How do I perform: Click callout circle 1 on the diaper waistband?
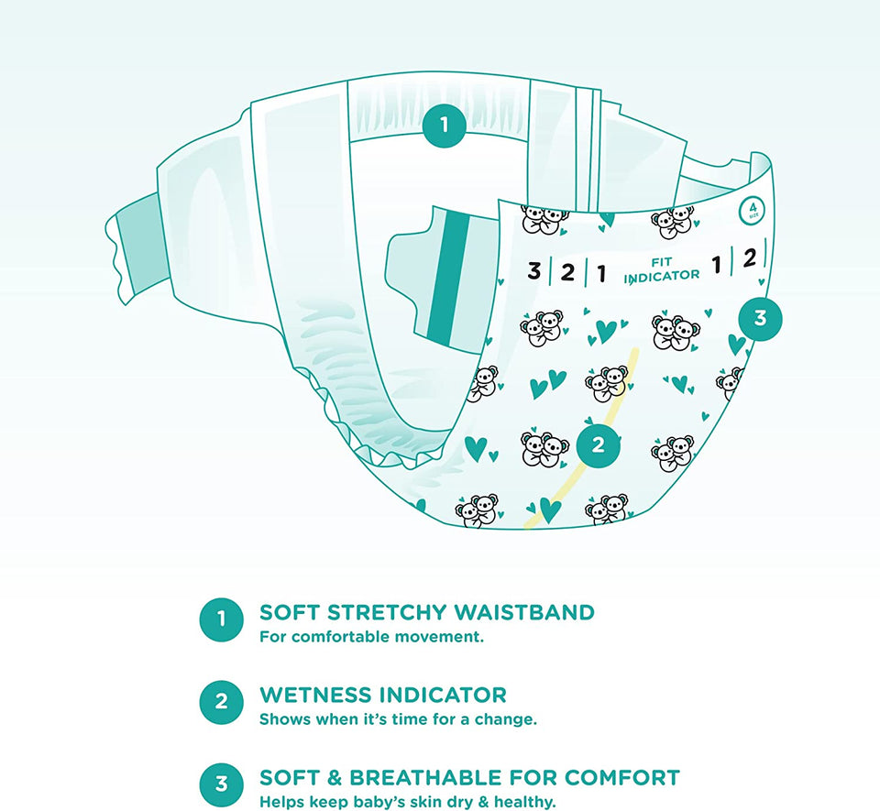click(445, 125)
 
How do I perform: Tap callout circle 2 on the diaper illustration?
click(599, 444)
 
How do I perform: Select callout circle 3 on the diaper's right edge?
click(760, 318)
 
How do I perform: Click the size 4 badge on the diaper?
click(753, 212)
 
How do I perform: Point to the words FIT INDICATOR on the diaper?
click(662, 270)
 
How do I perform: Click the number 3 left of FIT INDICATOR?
click(533, 270)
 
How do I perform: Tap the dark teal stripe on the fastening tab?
click(448, 279)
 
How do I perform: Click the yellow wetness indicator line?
click(584, 439)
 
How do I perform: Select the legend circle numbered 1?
click(221, 619)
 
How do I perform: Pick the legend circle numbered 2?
click(221, 702)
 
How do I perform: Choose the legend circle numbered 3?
click(221, 784)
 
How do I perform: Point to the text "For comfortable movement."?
click(371, 637)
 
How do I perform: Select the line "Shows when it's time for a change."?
click(398, 719)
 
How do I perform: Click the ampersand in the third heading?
click(334, 777)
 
